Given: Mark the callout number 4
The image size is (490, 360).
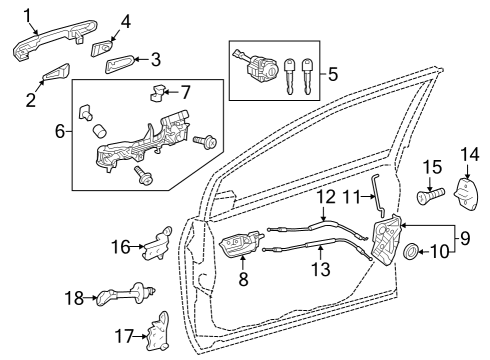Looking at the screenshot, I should [126, 20].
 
